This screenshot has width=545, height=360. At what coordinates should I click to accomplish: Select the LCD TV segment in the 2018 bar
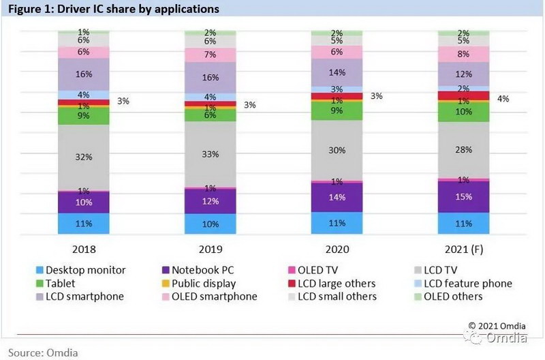[x=84, y=157]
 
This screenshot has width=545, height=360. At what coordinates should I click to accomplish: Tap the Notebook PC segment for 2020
[x=337, y=197]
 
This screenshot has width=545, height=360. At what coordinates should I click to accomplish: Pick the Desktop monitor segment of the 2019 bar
[x=211, y=224]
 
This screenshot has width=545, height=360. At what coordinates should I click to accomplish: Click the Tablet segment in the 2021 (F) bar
[x=464, y=111]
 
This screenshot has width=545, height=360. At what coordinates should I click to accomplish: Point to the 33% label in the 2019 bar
[x=211, y=154]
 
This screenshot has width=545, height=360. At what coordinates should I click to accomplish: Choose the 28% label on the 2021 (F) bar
[x=464, y=149]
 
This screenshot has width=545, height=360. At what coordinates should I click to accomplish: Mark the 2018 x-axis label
[x=84, y=250]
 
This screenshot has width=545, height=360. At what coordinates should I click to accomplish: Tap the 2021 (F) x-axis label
[x=464, y=250]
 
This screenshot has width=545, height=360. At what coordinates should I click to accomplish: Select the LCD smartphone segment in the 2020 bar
[x=337, y=72]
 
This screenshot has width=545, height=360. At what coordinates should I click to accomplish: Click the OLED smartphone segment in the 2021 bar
[x=464, y=54]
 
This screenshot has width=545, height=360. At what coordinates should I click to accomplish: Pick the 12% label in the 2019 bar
[x=211, y=201]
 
